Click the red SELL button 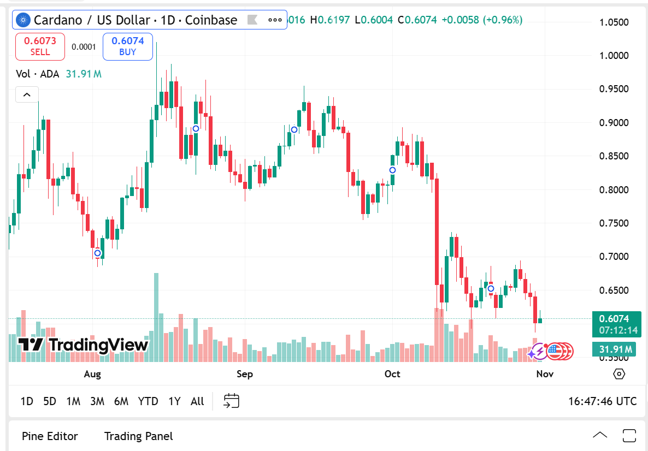(x=40, y=46)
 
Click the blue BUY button (x=127, y=46)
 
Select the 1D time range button (x=27, y=401)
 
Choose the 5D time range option (x=50, y=401)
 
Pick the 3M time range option (x=97, y=401)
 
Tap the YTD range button (x=148, y=401)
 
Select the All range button (x=197, y=401)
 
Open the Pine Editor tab (x=50, y=436)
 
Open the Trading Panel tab (x=138, y=436)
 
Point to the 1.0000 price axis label (x=614, y=56)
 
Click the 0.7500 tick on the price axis (x=614, y=223)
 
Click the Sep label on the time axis (x=245, y=374)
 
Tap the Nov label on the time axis (x=545, y=374)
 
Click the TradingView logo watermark (x=83, y=345)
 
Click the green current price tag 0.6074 (x=614, y=319)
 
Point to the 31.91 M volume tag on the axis (x=614, y=349)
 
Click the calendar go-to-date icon (x=232, y=401)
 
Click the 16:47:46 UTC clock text (x=602, y=401)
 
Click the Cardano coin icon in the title (x=23, y=21)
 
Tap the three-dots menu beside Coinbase (x=275, y=21)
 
